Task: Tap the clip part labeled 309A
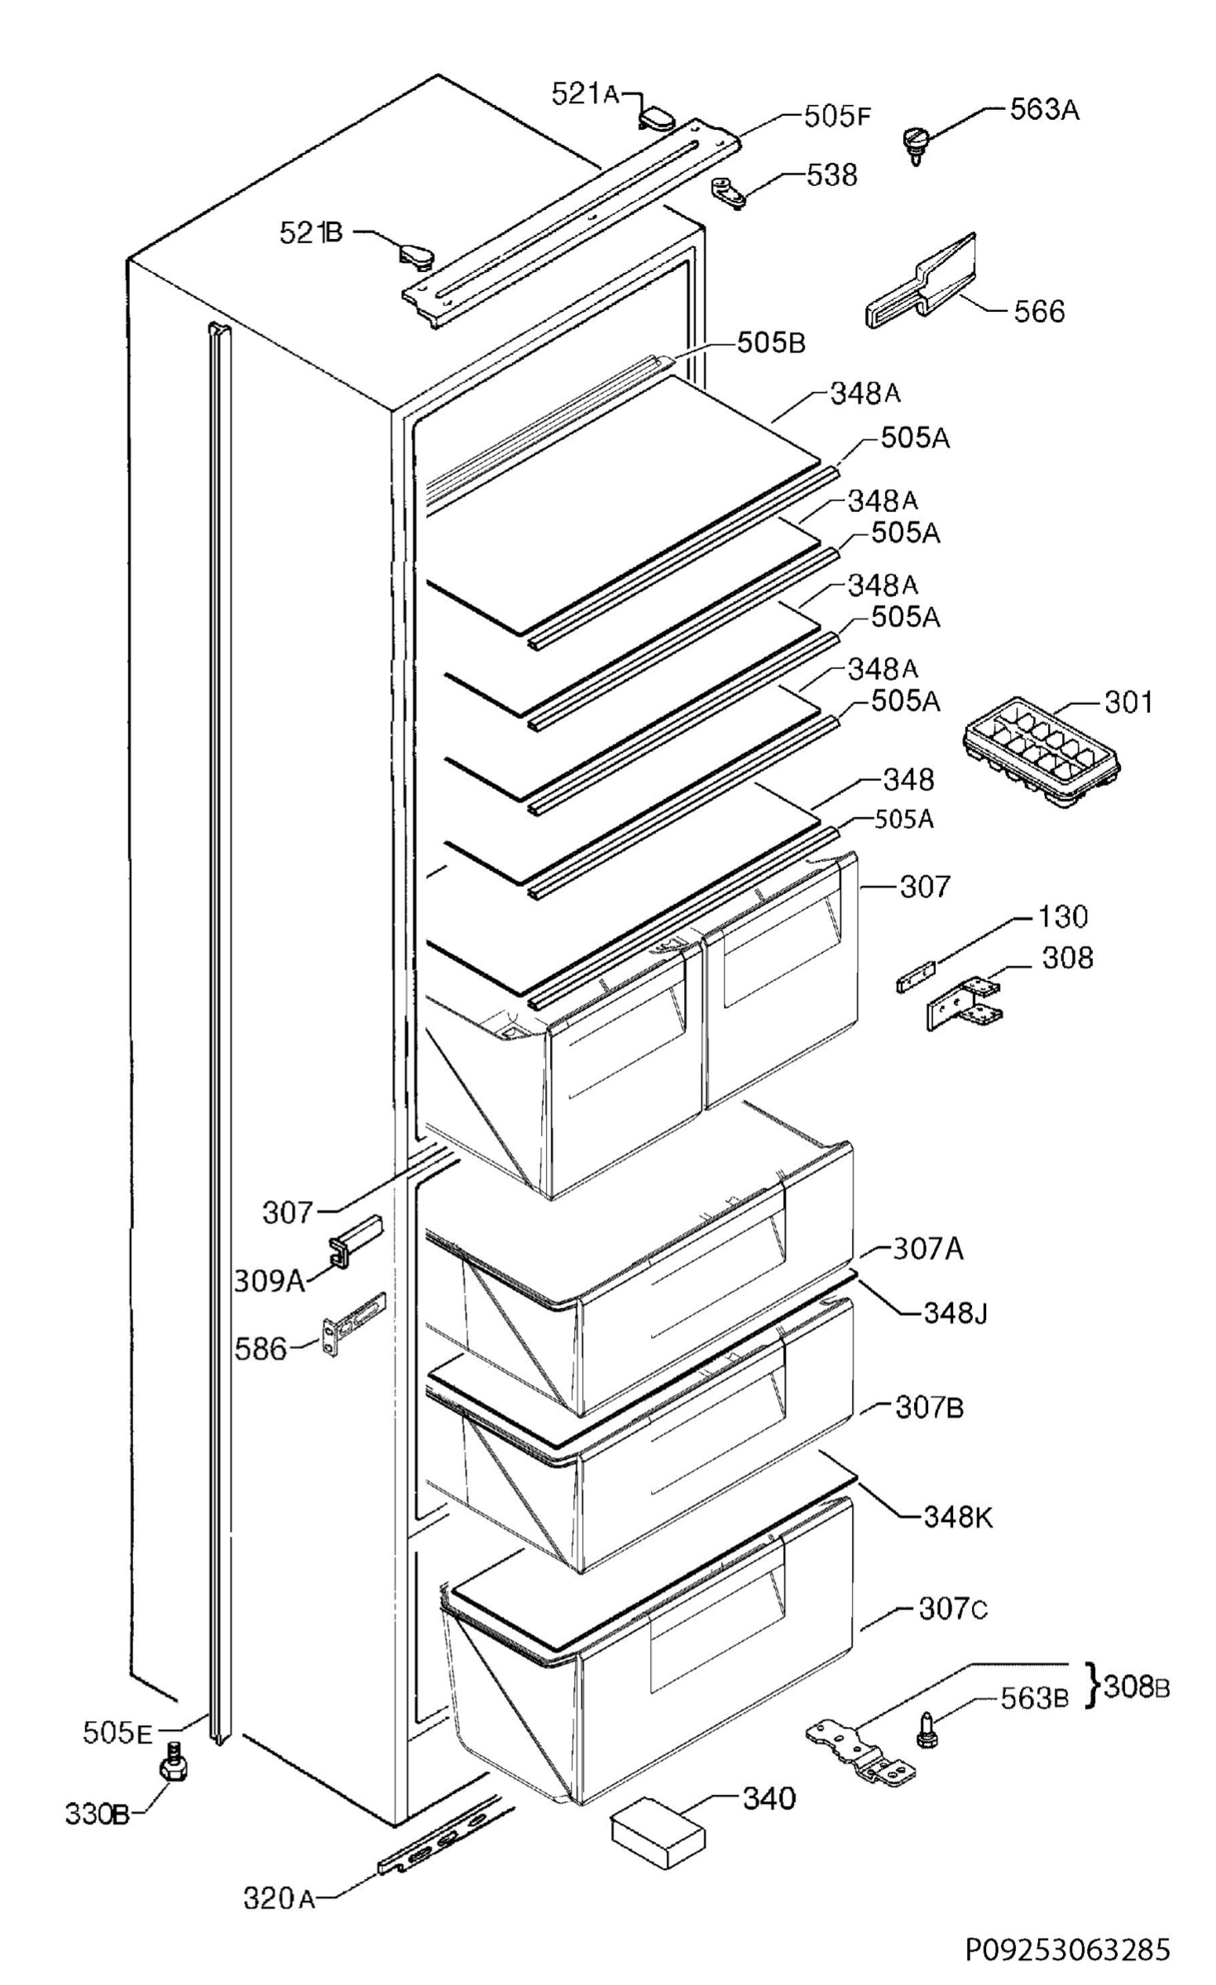coord(354,1240)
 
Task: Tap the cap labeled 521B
coord(416,253)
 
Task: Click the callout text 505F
coord(837,116)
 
